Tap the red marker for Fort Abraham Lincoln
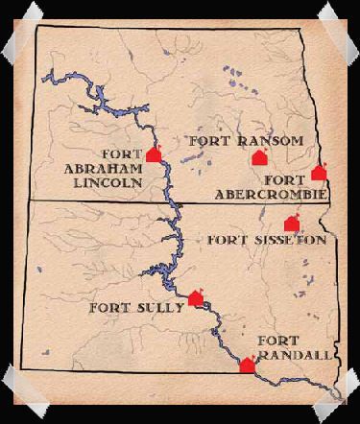[154, 153]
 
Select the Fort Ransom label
[246, 141]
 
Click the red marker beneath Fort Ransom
[256, 158]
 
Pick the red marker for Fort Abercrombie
[319, 173]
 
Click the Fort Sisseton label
[267, 239]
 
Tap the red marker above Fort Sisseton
[293, 224]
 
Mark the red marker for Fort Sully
[196, 297]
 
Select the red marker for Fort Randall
[247, 365]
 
